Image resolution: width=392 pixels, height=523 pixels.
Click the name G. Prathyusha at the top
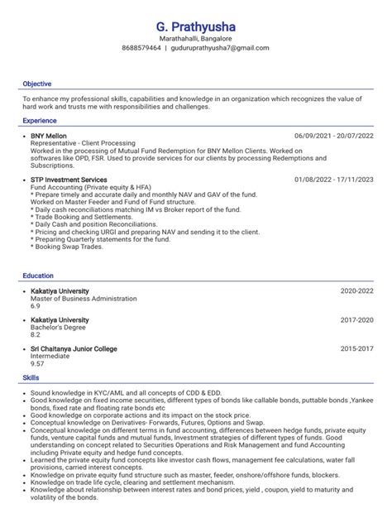pyautogui.click(x=196, y=28)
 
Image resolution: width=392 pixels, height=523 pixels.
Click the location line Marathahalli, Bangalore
pyautogui.click(x=196, y=39)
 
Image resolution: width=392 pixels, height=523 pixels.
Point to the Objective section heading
pyautogui.click(x=37, y=84)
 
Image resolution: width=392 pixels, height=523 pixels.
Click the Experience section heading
pyautogui.click(x=40, y=121)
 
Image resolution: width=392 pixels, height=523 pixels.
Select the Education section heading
pyautogui.click(x=38, y=276)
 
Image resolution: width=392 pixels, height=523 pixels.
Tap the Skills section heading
pyautogui.click(x=31, y=377)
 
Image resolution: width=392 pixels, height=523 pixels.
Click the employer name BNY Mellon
pyautogui.click(x=49, y=136)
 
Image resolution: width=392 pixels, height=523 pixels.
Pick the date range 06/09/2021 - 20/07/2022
pyautogui.click(x=333, y=136)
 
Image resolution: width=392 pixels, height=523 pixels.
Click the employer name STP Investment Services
pyautogui.click(x=69, y=180)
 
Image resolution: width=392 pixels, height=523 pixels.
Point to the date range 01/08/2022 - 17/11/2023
pyautogui.click(x=333, y=180)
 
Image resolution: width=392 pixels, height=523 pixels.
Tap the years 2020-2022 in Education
pyautogui.click(x=356, y=291)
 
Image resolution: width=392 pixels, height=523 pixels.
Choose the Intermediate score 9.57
pyautogui.click(x=37, y=363)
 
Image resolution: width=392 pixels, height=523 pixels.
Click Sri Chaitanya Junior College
pyautogui.click(x=74, y=349)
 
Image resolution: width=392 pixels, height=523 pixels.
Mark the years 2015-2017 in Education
pyautogui.click(x=356, y=349)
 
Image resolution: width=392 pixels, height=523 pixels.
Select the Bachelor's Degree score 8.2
pyautogui.click(x=36, y=334)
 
